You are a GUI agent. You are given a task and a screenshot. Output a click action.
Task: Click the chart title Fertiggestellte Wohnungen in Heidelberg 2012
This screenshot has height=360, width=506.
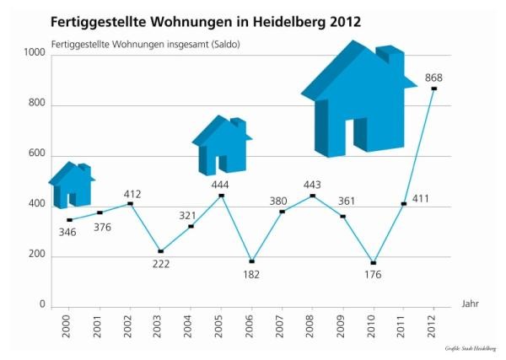[206, 21]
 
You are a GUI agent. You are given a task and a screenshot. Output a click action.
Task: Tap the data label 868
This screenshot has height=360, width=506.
[433, 78]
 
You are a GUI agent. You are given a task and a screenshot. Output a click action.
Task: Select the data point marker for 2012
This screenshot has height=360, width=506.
[433, 89]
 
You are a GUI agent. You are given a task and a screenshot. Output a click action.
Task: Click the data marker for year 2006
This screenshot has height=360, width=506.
[251, 261]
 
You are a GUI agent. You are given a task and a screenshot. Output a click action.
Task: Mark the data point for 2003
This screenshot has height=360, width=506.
[160, 251]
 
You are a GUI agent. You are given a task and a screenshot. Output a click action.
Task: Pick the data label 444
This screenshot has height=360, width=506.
[220, 185]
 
